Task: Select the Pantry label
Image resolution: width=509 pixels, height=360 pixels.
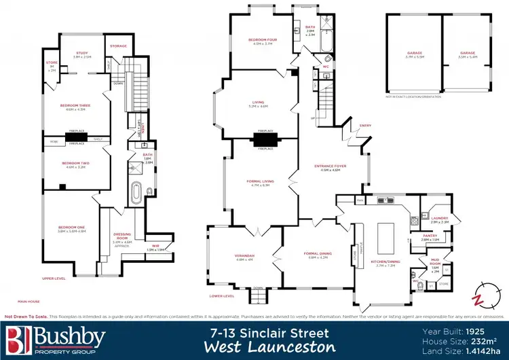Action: point(430,238)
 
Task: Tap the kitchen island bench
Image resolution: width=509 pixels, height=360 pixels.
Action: point(386,230)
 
